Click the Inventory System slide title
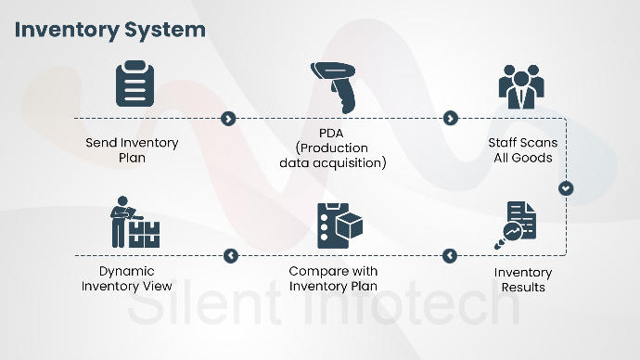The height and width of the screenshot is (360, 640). coord(110,30)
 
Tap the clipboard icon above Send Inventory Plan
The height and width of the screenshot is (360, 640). coord(133,84)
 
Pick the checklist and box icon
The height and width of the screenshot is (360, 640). coord(338,224)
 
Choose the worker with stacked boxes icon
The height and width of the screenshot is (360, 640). coord(133,223)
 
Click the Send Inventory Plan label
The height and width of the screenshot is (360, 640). coord(132,150)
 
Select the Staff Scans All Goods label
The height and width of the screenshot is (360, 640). coord(520,150)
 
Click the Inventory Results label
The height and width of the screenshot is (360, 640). coord(522,279)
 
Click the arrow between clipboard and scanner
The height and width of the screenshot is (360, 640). coord(229,119)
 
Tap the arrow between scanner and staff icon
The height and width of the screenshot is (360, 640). coord(450,119)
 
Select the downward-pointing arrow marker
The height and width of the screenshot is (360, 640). coord(566,188)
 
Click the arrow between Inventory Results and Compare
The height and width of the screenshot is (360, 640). coord(450,255)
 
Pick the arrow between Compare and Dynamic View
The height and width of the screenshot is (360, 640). coord(231,255)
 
